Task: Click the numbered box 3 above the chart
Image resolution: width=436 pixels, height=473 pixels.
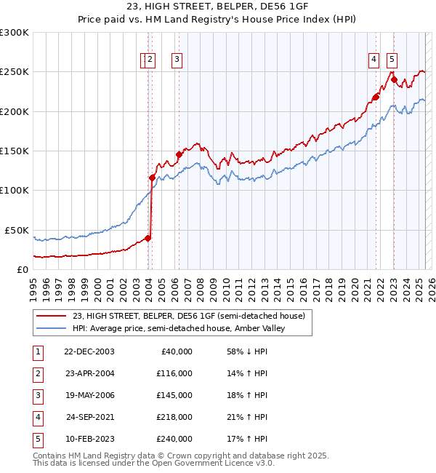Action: coord(177,60)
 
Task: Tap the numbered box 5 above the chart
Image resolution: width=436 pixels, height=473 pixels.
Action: coord(392,60)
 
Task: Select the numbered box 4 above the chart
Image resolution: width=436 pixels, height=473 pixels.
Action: coord(374,60)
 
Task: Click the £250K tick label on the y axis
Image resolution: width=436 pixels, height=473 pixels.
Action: coord(15,72)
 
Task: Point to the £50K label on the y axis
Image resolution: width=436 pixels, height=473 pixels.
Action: coord(17,230)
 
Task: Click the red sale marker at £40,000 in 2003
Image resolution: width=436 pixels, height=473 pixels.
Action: coord(148,237)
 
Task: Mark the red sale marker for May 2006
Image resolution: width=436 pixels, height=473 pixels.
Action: coord(179,154)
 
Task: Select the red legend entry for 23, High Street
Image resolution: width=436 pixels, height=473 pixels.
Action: coord(193,316)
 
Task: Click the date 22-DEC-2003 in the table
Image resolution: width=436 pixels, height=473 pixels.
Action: coord(89,351)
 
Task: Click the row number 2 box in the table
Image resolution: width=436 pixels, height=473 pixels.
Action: coord(36,373)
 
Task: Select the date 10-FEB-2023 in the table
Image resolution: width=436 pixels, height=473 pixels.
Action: coord(89,440)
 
